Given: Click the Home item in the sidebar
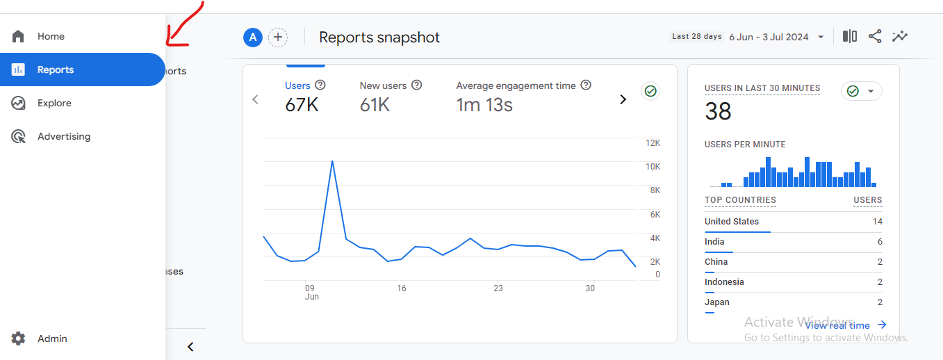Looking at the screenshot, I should [x=51, y=36].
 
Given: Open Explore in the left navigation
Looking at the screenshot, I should [x=54, y=103].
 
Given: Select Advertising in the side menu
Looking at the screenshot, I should [x=63, y=136].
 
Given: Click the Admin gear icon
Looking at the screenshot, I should [x=18, y=338].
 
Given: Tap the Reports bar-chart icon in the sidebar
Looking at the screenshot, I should [x=18, y=69].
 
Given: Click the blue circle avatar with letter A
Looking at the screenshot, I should [x=252, y=38].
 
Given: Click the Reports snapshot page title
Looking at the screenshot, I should [x=379, y=38].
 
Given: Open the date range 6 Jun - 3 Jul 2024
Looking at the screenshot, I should [x=769, y=37].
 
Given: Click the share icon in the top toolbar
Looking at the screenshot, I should [x=875, y=36].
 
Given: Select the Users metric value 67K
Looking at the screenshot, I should [x=302, y=105].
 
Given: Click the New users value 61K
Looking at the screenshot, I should [x=375, y=105].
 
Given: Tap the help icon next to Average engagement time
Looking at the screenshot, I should [x=586, y=85].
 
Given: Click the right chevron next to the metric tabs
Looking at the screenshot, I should [x=623, y=99].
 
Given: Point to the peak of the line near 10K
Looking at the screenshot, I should [x=332, y=161].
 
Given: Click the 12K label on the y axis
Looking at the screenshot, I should [x=653, y=143].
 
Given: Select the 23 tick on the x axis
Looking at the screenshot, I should [x=498, y=288].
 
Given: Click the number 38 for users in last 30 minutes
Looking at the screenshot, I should [x=718, y=111].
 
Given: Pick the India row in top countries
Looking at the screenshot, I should [x=793, y=242].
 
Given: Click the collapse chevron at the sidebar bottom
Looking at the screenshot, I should [x=190, y=347].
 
